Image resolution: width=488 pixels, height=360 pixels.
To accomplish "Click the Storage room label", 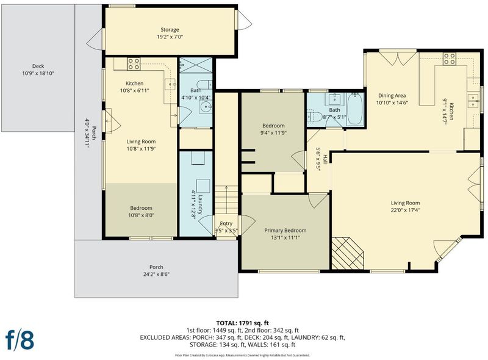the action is pyautogui.click(x=170, y=29).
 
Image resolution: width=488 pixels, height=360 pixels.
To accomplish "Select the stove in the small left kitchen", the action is pyautogui.click(x=134, y=64).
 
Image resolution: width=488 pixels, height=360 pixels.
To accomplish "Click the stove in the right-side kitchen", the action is pyautogui.click(x=450, y=59).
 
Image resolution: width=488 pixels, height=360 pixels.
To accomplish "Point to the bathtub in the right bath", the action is pyautogui.click(x=354, y=109).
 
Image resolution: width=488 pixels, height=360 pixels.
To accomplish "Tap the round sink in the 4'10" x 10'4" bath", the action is pyautogui.click(x=206, y=107).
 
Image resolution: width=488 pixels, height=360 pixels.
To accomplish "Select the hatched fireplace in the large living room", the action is pyautogui.click(x=347, y=253).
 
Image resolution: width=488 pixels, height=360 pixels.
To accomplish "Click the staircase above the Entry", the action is pyautogui.click(x=226, y=200).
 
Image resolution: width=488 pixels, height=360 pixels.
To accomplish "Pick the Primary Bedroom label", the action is pyautogui.click(x=285, y=231).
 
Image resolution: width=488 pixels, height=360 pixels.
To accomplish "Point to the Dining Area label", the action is pyautogui.click(x=392, y=96).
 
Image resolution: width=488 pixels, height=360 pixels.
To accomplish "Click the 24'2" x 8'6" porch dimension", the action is pyautogui.click(x=156, y=275).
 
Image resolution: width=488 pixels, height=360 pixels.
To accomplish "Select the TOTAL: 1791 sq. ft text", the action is pyautogui.click(x=242, y=323).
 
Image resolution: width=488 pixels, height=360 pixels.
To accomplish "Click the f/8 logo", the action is pyautogui.click(x=20, y=340).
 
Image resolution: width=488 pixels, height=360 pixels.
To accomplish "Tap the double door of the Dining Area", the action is pyautogui.click(x=398, y=57).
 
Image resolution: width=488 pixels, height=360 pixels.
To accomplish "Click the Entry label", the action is pyautogui.click(x=226, y=223).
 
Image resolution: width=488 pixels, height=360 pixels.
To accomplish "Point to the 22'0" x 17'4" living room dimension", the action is pyautogui.click(x=405, y=210).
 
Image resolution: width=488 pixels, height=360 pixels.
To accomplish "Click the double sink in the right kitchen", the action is pyautogui.click(x=473, y=100).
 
